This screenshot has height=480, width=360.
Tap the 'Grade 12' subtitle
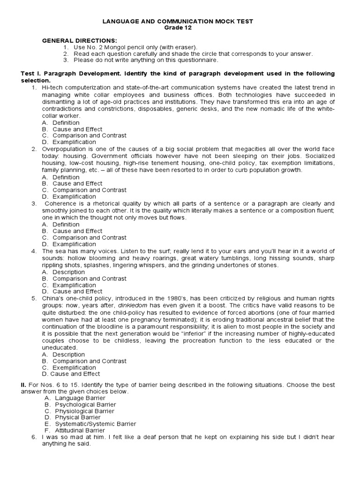[x=180, y=27]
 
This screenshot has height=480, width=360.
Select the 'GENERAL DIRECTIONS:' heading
[x=74, y=41]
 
